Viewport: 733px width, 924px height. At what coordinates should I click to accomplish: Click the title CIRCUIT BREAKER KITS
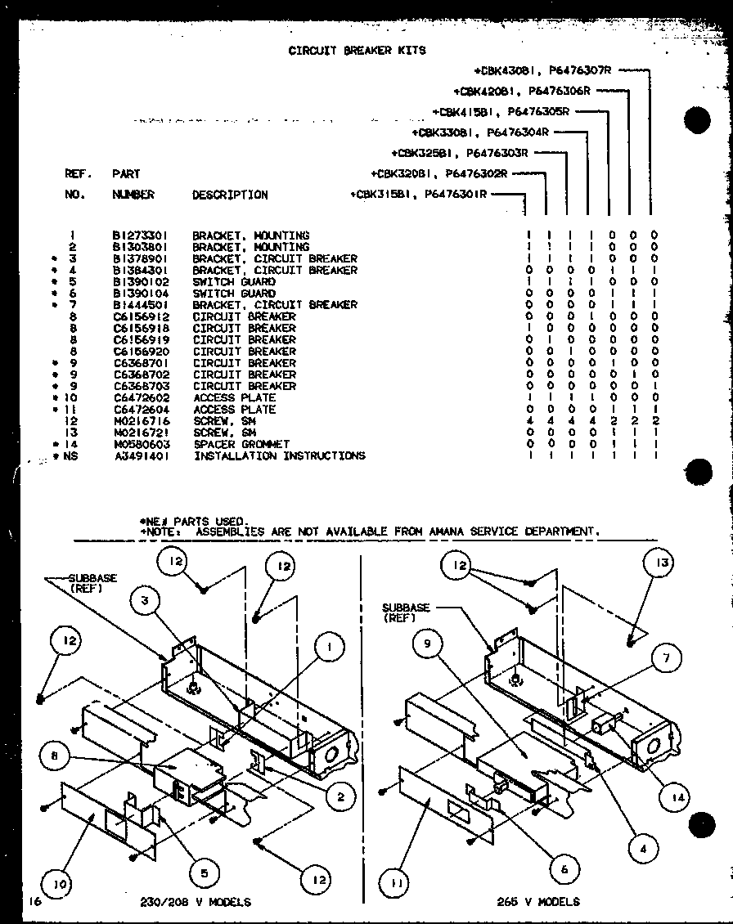(357, 50)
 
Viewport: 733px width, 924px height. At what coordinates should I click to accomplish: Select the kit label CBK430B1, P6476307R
(543, 71)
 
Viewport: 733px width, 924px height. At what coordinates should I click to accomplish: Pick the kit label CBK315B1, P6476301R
(418, 195)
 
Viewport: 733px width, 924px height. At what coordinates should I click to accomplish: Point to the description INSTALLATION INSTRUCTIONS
(278, 455)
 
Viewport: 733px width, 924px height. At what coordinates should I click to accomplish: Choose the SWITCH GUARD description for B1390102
(233, 282)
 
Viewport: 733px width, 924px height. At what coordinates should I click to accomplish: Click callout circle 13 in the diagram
(660, 563)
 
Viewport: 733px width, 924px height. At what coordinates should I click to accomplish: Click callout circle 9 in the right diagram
(426, 644)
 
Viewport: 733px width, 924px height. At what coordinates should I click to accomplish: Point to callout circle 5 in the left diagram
(200, 872)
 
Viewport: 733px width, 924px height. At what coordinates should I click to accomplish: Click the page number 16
(32, 901)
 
